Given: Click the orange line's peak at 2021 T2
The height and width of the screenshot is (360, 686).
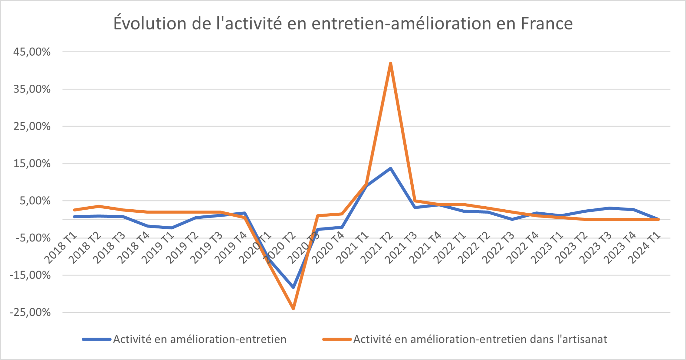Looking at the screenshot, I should pyautogui.click(x=391, y=64).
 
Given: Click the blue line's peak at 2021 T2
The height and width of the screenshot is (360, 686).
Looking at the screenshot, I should pyautogui.click(x=391, y=168).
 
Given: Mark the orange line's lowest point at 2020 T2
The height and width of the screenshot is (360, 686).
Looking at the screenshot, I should pyautogui.click(x=293, y=308).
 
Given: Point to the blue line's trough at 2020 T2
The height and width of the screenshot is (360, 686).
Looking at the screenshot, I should pyautogui.click(x=293, y=287).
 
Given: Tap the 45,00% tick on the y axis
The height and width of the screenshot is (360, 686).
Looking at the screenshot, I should pyautogui.click(x=32, y=52).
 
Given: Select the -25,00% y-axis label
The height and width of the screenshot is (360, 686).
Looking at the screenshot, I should pyautogui.click(x=30, y=312).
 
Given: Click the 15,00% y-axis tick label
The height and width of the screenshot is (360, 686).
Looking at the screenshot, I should pyautogui.click(x=32, y=163).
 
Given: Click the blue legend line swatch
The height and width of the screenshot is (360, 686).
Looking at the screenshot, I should pyautogui.click(x=96, y=339).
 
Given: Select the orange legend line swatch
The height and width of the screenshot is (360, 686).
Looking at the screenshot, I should pyautogui.click(x=337, y=339).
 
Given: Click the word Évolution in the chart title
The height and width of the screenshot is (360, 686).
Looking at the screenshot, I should pyautogui.click(x=150, y=23).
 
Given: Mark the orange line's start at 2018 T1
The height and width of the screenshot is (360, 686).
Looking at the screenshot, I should pyautogui.click(x=74, y=210).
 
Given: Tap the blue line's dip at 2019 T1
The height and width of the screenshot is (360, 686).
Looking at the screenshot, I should pyautogui.click(x=171, y=228).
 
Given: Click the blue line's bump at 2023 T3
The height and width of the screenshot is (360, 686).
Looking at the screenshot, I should pyautogui.click(x=609, y=208).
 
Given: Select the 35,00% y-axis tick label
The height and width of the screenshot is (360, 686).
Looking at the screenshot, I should pyautogui.click(x=32, y=89).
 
